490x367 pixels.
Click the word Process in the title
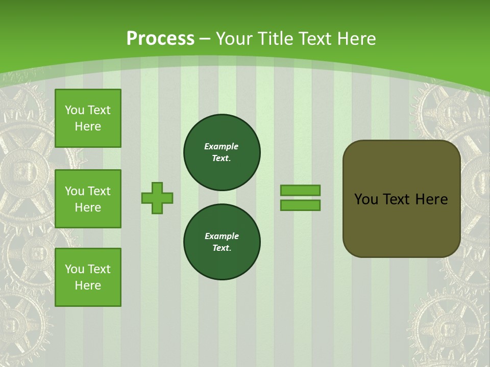click(x=160, y=39)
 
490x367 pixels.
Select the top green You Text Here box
click(x=88, y=118)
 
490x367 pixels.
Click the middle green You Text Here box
click(x=88, y=199)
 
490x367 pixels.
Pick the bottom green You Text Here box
click(x=88, y=277)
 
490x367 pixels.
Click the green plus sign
click(x=157, y=198)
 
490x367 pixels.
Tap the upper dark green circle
click(x=222, y=152)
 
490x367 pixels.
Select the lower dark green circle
click(x=222, y=242)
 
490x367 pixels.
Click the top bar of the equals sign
click(x=300, y=190)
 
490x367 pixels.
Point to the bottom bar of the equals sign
click(x=300, y=205)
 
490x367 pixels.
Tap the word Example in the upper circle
click(x=222, y=146)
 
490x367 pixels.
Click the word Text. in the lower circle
click(x=222, y=248)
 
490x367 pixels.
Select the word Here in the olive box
click(x=431, y=199)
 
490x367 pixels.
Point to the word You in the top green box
click(x=75, y=110)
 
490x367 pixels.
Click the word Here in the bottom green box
click(x=88, y=285)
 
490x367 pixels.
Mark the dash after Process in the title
click(x=205, y=39)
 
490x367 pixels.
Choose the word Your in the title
click(x=234, y=39)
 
